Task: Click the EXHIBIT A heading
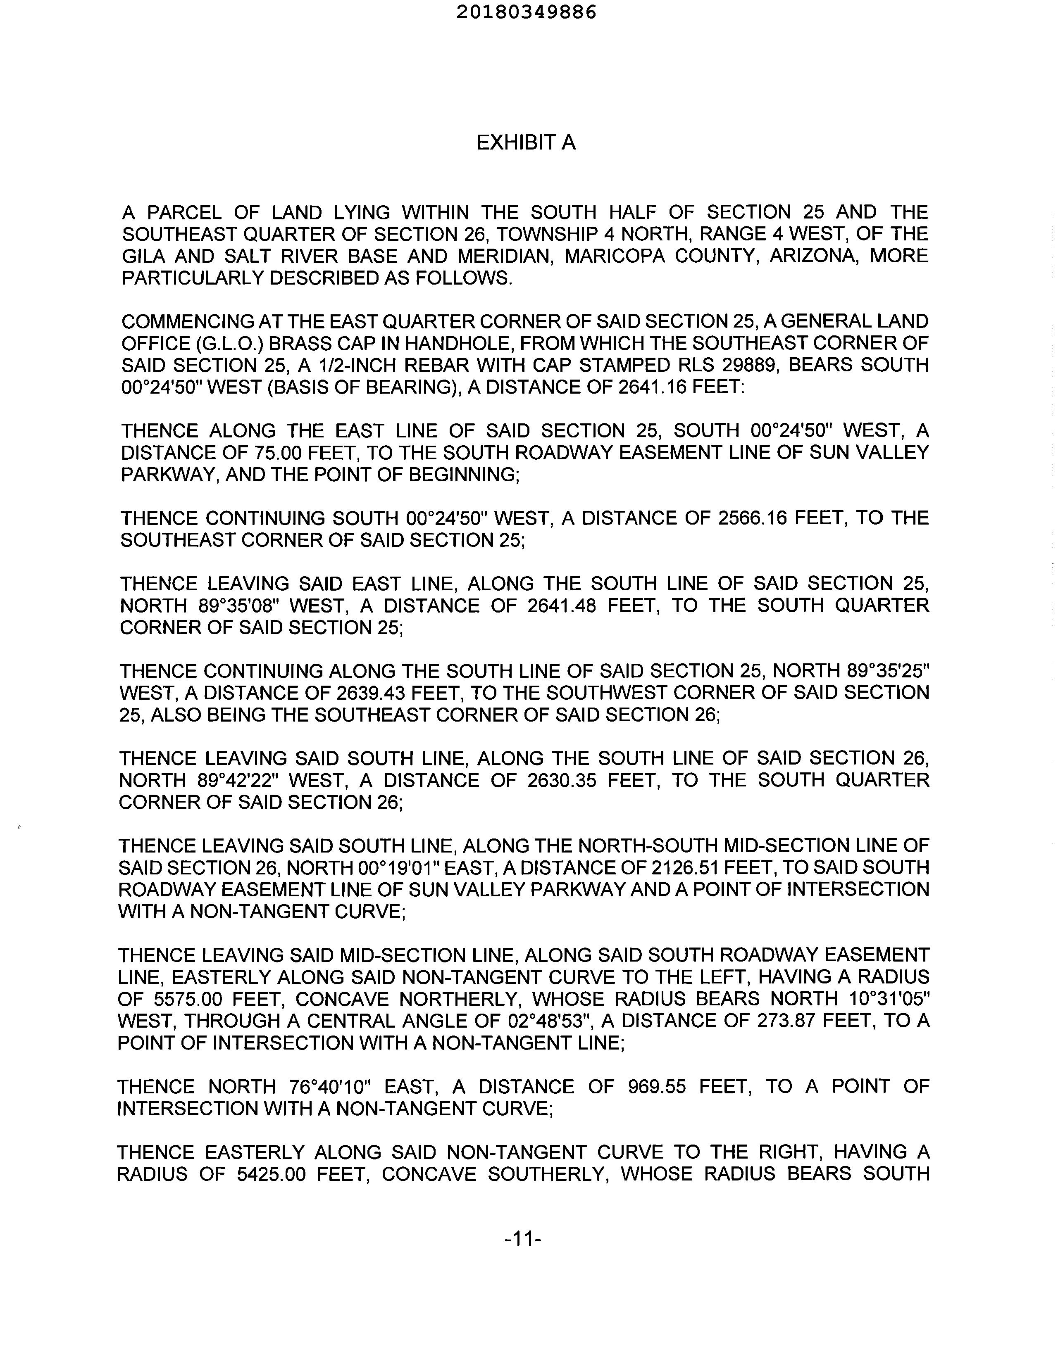[525, 143]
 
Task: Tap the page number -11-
[522, 1238]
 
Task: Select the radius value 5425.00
[272, 1173]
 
